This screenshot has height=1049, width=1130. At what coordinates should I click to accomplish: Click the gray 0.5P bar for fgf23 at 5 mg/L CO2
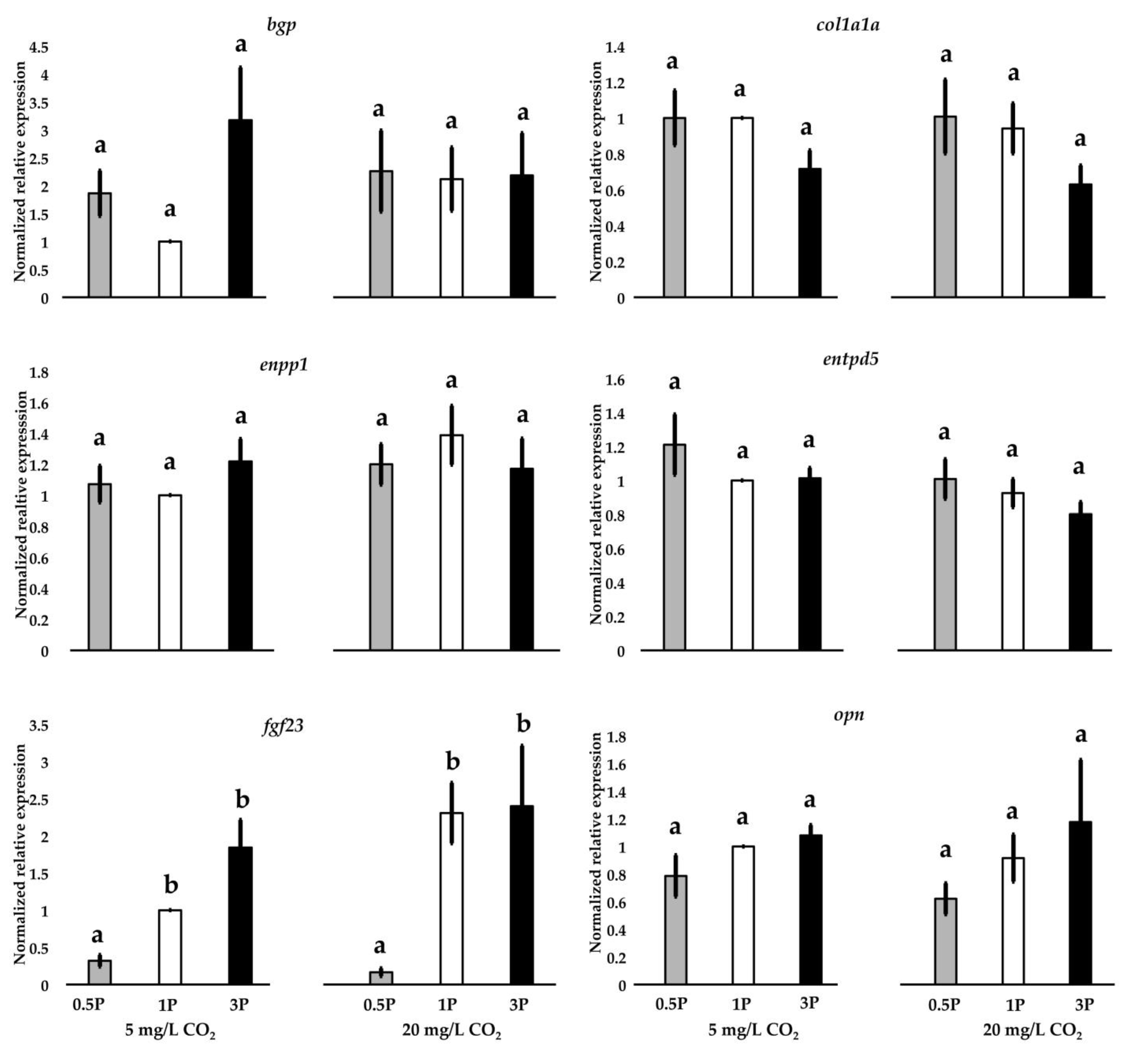click(x=100, y=971)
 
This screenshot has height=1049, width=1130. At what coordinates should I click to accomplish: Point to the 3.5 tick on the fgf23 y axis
click(x=39, y=726)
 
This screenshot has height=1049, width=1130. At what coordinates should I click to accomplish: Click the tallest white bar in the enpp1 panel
click(x=452, y=542)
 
